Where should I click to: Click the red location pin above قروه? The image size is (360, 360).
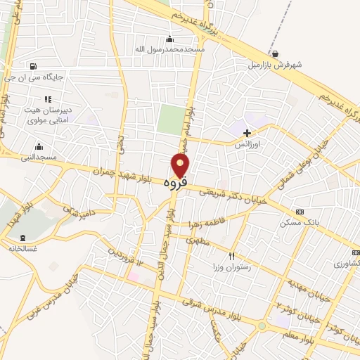pos(181,165)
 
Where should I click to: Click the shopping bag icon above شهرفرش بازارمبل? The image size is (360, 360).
pos(274,53)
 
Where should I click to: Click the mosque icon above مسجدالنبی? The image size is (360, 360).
pos(39,146)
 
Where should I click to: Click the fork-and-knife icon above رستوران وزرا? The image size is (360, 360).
pos(232,256)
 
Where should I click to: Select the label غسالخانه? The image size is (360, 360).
pos(22,248)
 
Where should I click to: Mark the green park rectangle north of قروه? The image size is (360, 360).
pos(169,119)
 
